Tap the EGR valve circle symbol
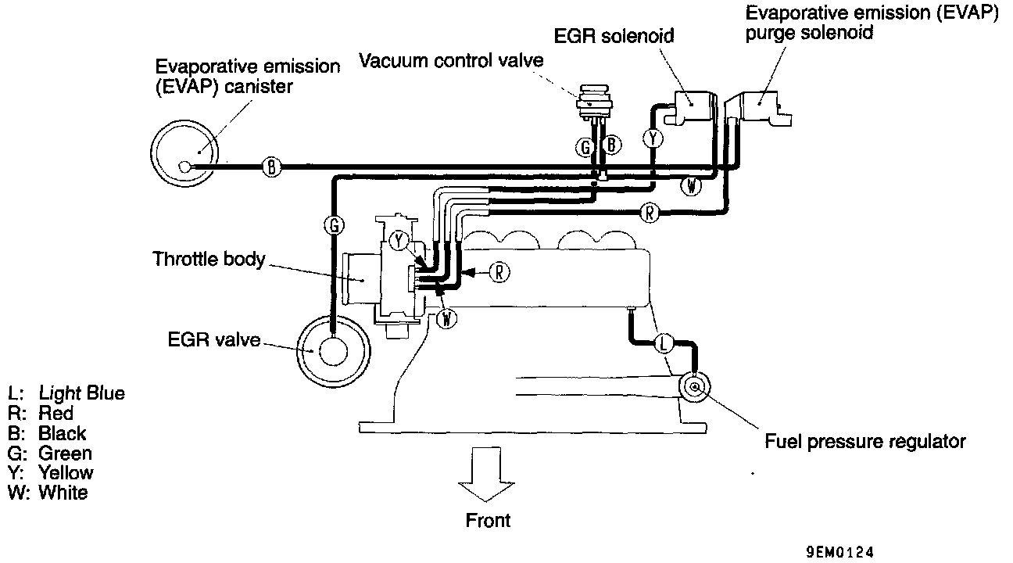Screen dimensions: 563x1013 pyautogui.click(x=329, y=351)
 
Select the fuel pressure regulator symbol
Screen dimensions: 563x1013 pyautogui.click(x=694, y=385)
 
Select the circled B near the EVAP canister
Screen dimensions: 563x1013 pyautogui.click(x=271, y=166)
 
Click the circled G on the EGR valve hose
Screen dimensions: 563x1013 pyautogui.click(x=333, y=226)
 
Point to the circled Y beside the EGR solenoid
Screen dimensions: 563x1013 pyautogui.click(x=653, y=138)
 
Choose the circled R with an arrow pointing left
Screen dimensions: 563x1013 pyautogui.click(x=499, y=272)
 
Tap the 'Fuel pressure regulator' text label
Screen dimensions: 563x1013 pyautogui.click(x=864, y=442)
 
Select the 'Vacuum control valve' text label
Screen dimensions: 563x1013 pyautogui.click(x=451, y=61)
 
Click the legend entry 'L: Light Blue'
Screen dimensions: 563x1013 pyautogui.click(x=66, y=393)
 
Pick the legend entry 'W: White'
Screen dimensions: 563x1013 pyautogui.click(x=48, y=493)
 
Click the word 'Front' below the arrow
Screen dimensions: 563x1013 pyautogui.click(x=487, y=520)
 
